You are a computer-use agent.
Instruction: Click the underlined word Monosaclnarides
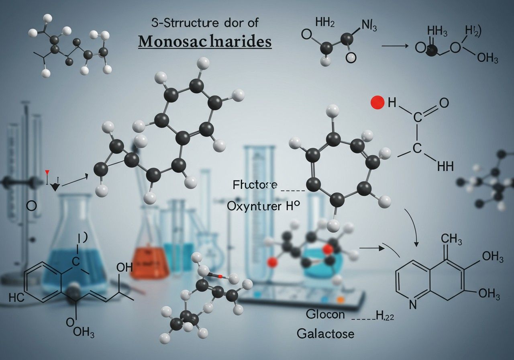click(x=204, y=41)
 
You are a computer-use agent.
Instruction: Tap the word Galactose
click(x=326, y=333)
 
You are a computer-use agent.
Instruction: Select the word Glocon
click(x=325, y=314)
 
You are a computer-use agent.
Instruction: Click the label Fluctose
click(x=255, y=185)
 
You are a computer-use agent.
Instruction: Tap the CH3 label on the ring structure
click(x=448, y=240)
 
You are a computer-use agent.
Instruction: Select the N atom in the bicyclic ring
click(x=413, y=305)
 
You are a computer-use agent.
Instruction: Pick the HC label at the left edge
click(x=16, y=298)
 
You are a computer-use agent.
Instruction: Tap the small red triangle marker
click(x=47, y=172)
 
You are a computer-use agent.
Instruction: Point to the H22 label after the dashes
click(x=385, y=316)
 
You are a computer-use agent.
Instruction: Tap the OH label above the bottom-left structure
click(x=123, y=267)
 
